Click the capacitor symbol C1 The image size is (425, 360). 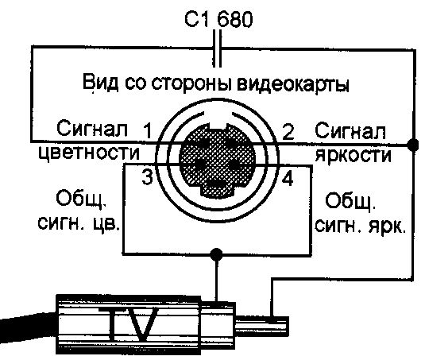tap(217, 48)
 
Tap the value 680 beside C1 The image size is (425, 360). tap(234, 20)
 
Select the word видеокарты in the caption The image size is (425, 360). tap(292, 83)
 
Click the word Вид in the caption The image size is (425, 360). tap(101, 82)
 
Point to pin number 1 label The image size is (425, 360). tap(148, 131)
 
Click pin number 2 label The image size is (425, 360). tap(288, 131)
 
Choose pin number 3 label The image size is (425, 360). tap(148, 177)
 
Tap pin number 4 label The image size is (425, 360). tap(288, 179)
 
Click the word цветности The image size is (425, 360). tap(89, 153)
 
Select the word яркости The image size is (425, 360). tap(354, 155)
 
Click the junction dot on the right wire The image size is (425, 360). tap(413, 145)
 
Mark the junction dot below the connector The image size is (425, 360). tap(216, 254)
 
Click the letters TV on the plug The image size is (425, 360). tap(133, 324)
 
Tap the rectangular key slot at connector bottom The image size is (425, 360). tap(217, 187)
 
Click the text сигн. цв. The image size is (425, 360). tap(79, 224)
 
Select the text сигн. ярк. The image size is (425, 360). tap(361, 226)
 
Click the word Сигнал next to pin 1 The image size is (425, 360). tap(92, 128)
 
